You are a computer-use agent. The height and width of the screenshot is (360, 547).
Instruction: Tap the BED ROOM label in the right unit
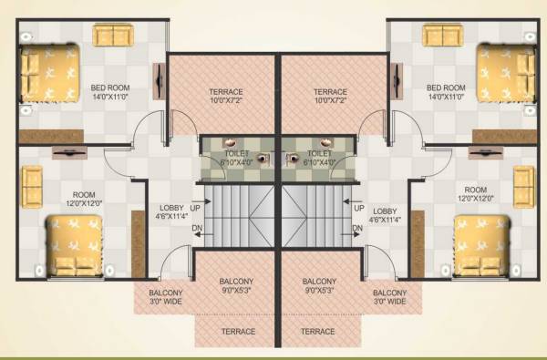[x=446, y=88]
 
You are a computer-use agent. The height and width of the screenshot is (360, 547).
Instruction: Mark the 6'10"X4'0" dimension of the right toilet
[x=319, y=162]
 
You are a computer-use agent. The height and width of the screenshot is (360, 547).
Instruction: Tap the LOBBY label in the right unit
[x=386, y=210]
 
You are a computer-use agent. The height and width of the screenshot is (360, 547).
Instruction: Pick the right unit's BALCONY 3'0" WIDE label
[x=387, y=297]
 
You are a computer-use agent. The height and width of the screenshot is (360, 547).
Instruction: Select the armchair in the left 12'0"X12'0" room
[x=32, y=185]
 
